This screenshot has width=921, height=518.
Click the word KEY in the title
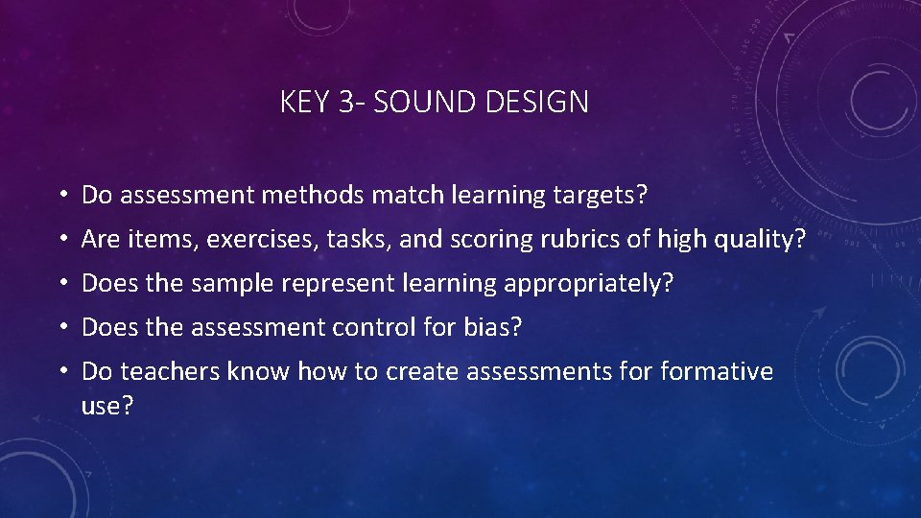click(x=305, y=102)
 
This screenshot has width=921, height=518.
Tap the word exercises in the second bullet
click(x=263, y=240)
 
